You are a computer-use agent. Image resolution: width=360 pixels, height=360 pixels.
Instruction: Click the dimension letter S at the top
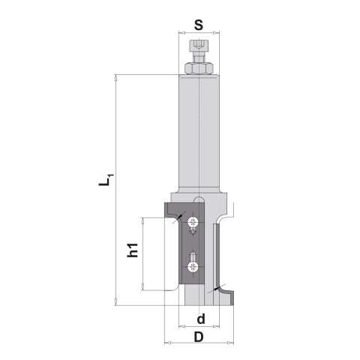click(x=199, y=24)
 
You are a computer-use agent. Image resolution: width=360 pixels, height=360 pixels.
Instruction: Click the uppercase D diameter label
click(x=199, y=337)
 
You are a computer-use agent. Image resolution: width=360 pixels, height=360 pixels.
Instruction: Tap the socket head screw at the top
click(x=199, y=52)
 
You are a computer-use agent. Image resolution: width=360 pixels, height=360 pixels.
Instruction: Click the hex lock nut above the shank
click(x=199, y=69)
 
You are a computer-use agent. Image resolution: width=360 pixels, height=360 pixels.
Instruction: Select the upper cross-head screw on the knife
click(x=194, y=222)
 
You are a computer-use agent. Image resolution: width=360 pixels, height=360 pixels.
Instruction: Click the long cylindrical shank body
click(x=199, y=131)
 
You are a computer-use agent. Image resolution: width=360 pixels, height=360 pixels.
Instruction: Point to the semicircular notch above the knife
click(x=199, y=201)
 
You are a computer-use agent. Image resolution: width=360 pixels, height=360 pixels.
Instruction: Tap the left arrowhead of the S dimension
click(x=181, y=33)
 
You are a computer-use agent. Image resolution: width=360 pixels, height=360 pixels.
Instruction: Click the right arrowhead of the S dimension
click(x=217, y=33)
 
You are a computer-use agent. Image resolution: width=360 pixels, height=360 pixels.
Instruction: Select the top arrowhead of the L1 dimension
click(x=115, y=78)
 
